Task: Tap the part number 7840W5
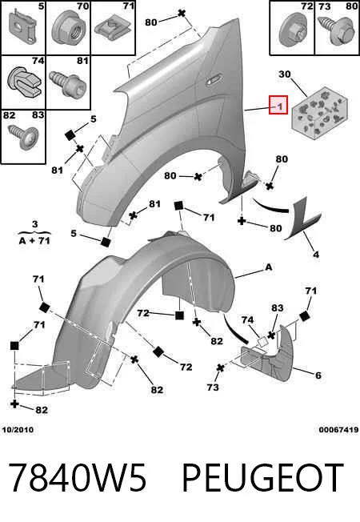coord(77,477)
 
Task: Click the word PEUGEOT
coord(263,477)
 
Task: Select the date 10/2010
coord(18,430)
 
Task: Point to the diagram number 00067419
coord(338,430)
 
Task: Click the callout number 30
coord(285,74)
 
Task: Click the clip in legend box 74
coord(24,82)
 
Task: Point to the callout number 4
coord(316,255)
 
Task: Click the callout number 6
coord(318,375)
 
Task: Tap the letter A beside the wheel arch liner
coord(269,267)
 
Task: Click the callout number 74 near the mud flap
coord(247,320)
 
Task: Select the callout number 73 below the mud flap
coord(213,387)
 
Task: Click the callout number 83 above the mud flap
coord(277,308)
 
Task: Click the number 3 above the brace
coord(35,224)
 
